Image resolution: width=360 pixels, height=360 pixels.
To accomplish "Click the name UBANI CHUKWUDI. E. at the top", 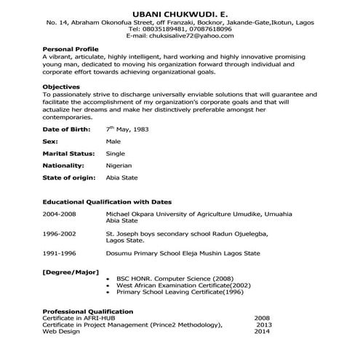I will click(180, 15).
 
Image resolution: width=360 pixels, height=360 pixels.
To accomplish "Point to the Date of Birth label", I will click(66, 129).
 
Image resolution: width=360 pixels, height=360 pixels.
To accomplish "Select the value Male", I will click(113, 141).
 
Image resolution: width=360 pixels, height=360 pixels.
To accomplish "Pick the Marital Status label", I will click(70, 153).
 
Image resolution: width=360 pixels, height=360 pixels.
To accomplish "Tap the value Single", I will click(116, 153).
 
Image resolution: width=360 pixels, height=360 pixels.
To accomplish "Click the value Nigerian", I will click(121, 166).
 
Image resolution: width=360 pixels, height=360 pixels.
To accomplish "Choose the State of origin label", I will click(71, 178).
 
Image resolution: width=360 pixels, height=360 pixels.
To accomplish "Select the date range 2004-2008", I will click(60, 215).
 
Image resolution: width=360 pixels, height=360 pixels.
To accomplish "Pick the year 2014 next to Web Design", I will click(262, 331).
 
